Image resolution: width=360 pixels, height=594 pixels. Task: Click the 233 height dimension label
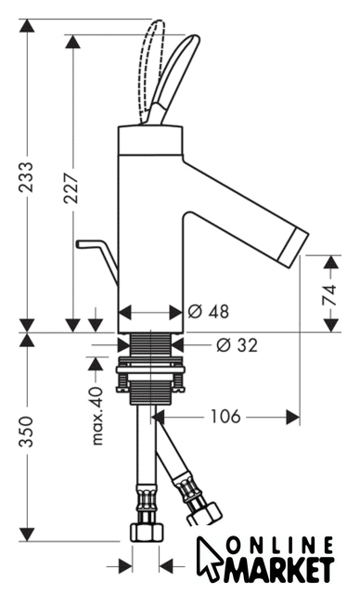[x=27, y=177]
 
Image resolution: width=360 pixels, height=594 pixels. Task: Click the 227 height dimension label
[x=71, y=188]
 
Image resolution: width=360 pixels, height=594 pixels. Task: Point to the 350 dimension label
[x=27, y=432]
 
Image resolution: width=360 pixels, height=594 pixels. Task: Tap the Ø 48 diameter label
[x=209, y=312]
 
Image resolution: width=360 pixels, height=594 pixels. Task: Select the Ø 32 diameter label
[x=238, y=344]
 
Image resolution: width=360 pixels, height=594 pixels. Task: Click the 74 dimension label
[x=329, y=294]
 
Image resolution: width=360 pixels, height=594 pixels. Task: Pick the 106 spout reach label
[x=225, y=417]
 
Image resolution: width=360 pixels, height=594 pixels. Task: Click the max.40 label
[x=96, y=416]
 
